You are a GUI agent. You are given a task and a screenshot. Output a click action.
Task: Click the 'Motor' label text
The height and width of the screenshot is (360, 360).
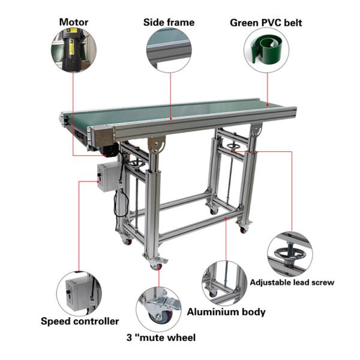[x=73, y=23]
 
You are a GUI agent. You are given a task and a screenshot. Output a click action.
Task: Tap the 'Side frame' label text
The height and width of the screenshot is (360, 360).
[x=169, y=23]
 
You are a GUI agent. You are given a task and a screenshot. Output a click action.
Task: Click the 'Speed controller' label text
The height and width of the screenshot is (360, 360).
[x=80, y=321]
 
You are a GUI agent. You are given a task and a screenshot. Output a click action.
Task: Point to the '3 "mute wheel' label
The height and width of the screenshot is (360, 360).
[x=160, y=338]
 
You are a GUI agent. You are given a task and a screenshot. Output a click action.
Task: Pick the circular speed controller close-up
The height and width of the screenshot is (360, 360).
[x=79, y=293]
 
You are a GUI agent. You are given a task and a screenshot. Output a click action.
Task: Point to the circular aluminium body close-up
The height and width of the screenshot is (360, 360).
[x=224, y=283]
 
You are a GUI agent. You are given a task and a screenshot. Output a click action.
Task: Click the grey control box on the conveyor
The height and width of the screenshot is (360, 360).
[x=109, y=176]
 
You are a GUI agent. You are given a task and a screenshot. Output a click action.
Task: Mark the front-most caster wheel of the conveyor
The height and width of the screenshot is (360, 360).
[x=158, y=262]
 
